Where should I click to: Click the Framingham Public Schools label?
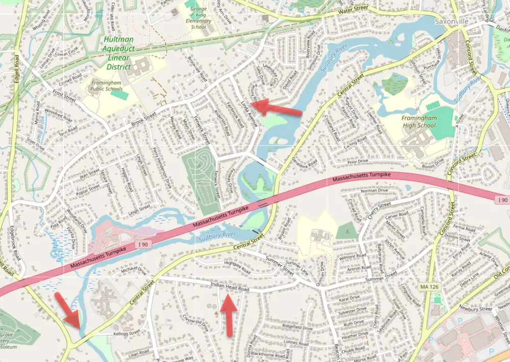point(108,85)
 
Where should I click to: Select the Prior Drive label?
point(358,162)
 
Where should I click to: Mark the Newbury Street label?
point(474,308)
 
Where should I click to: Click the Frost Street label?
point(64,95)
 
